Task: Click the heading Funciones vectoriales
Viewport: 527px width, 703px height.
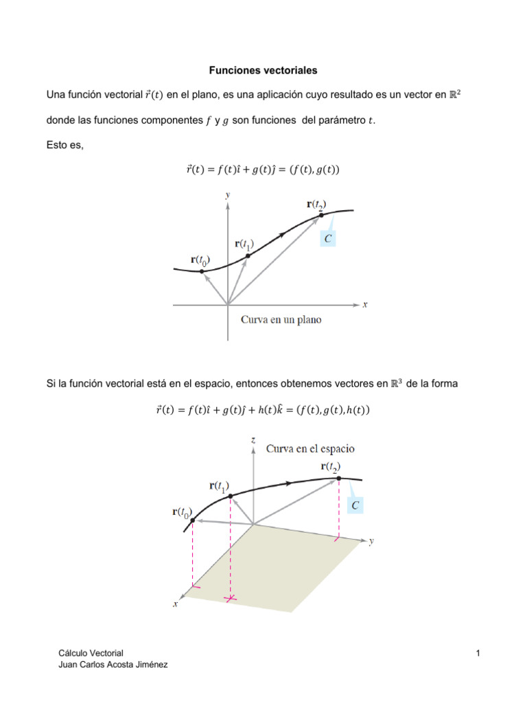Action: click(263, 70)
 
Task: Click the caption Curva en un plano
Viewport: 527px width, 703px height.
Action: click(281, 320)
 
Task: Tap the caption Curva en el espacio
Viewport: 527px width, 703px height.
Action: click(310, 448)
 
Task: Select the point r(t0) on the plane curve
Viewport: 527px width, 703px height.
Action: click(202, 271)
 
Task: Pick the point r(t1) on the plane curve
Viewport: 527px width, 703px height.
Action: click(248, 255)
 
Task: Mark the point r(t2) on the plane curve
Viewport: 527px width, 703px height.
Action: click(321, 215)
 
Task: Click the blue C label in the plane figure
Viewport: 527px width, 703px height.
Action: click(328, 238)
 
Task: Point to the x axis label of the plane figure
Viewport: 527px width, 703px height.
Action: click(365, 304)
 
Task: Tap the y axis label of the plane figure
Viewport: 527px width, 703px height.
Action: click(228, 195)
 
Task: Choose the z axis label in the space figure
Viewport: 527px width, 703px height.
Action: click(254, 439)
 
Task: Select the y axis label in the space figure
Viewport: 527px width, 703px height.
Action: click(371, 541)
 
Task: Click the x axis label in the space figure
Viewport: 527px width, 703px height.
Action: click(176, 603)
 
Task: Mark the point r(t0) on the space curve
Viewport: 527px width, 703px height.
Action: click(193, 520)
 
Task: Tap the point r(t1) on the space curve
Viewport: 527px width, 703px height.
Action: click(230, 496)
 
